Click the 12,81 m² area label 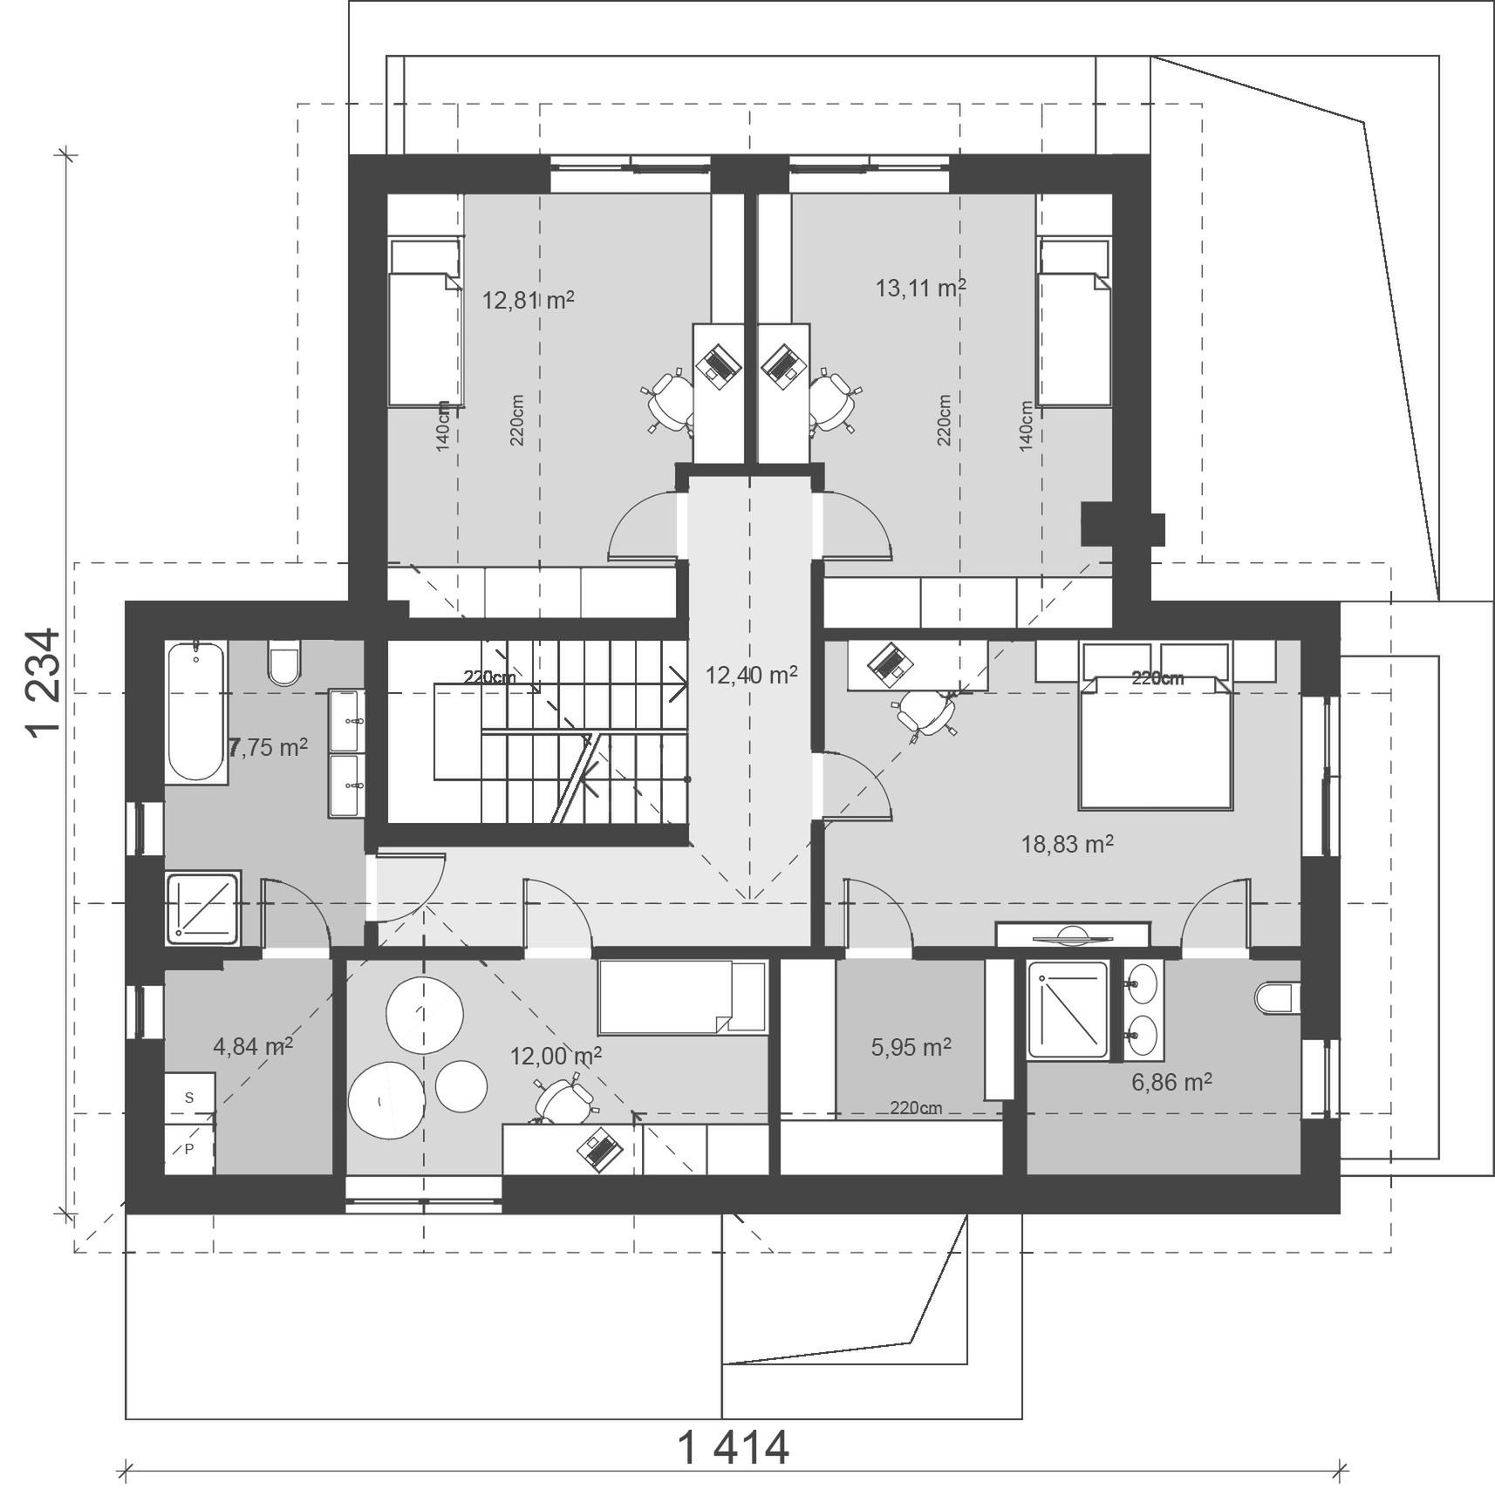point(528,301)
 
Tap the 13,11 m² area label point(920,288)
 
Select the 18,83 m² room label point(1067,844)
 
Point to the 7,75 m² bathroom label point(268,746)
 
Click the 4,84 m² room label point(253,1046)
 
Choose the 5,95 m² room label point(911,1046)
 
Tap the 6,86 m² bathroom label point(1171,1082)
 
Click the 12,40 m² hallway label point(751,675)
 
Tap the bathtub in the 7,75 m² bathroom point(196,711)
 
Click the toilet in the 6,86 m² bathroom point(1278,999)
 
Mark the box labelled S point(189,1098)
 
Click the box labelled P point(189,1148)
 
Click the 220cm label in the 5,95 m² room point(916,1108)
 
